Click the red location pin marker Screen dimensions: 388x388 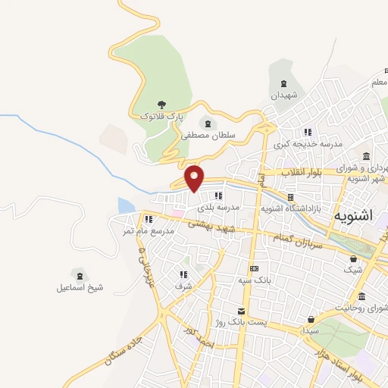click(196, 178)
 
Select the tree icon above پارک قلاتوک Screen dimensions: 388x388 click(161, 105)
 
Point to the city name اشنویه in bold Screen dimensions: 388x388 click(353, 215)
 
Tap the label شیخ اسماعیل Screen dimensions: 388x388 click(80, 288)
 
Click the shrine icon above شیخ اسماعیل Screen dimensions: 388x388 click(79, 274)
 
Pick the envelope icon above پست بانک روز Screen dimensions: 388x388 click(241, 311)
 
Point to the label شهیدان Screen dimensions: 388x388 click(284, 95)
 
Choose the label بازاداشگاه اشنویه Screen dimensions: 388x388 click(293, 207)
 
